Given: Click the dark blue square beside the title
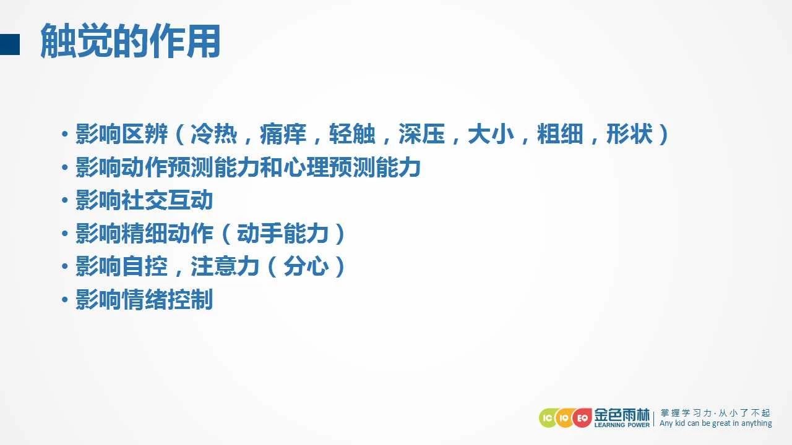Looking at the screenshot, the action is tap(9, 44).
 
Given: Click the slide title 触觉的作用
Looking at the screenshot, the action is tap(131, 41).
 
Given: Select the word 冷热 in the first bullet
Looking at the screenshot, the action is tap(214, 134).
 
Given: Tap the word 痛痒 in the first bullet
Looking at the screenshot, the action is tap(283, 134).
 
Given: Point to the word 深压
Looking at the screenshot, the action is tap(421, 134).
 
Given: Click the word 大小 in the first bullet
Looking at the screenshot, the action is tap(491, 134).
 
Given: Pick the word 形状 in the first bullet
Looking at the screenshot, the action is tap(629, 134).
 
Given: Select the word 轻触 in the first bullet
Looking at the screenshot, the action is tap(352, 134).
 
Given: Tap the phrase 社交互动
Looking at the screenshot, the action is tap(167, 200).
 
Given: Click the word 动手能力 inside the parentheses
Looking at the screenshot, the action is tap(283, 234).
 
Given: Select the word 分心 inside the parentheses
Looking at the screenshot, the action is tap(306, 266).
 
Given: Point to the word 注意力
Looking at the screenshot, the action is tap(225, 266).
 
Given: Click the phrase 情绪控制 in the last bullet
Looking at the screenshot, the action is tap(167, 300).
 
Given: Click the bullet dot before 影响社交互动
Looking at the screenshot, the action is tap(65, 200).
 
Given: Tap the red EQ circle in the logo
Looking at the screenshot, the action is tap(582, 418).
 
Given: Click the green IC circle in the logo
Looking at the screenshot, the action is tap(548, 418).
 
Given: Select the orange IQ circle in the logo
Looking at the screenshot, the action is tap(564, 418).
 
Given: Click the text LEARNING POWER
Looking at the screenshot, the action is tap(622, 425).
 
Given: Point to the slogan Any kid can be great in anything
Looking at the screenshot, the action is tap(716, 423).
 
